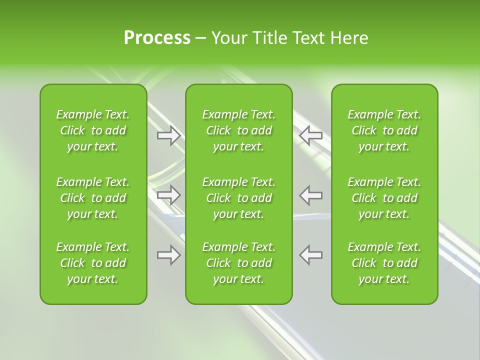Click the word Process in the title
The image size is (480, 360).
[x=157, y=38]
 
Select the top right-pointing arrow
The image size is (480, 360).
[x=169, y=135]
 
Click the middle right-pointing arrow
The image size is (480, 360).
[x=169, y=195]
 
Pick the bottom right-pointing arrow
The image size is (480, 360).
[x=169, y=255]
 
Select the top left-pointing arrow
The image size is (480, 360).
[x=311, y=135]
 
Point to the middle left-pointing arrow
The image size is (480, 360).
[x=311, y=195]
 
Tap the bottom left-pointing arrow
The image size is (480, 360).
[x=311, y=255]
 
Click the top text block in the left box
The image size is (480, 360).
[x=93, y=130]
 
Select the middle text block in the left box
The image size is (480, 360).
[x=93, y=198]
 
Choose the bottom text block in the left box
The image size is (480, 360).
[x=93, y=263]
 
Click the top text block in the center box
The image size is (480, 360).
[x=238, y=130]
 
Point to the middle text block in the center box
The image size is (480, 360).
[x=238, y=198]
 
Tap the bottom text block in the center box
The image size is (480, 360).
[x=238, y=263]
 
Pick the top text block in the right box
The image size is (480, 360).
[x=384, y=130]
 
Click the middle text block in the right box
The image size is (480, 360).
[x=384, y=198]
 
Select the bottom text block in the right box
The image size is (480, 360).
[x=384, y=263]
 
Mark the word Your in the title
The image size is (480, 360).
[x=229, y=38]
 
